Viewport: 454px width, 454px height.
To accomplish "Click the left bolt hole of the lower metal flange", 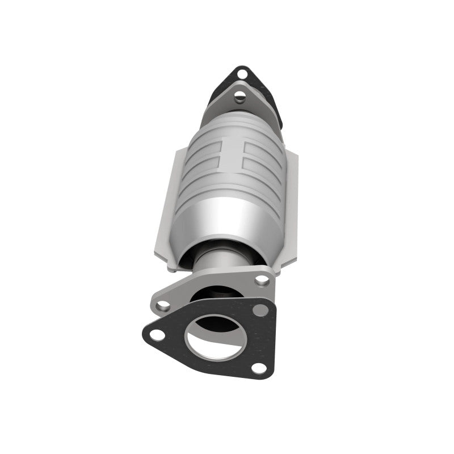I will [163, 305].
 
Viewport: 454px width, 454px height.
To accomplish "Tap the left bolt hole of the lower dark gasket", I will [157, 334].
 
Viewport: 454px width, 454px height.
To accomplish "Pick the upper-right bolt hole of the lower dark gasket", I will [260, 310].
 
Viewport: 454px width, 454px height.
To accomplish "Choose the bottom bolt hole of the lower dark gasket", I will [258, 367].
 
